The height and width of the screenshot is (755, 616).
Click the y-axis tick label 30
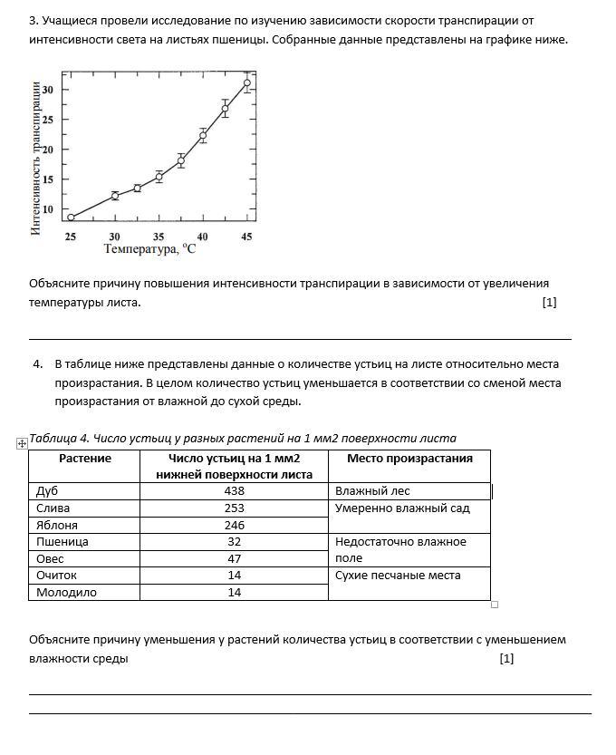click(47, 90)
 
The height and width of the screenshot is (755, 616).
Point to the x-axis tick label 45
click(246, 236)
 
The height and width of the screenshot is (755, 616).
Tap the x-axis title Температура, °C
click(149, 248)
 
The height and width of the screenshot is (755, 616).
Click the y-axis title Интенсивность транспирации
click(36, 159)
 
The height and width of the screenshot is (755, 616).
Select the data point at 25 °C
click(71, 217)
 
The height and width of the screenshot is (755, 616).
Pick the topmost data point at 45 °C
click(246, 82)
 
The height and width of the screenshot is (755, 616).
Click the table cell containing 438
click(234, 491)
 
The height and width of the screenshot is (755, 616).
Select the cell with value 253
click(234, 508)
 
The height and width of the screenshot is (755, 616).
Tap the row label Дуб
click(47, 491)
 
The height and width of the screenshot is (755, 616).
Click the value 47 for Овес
click(234, 559)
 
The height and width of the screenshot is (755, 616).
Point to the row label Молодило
click(66, 593)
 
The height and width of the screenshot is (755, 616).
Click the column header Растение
click(84, 459)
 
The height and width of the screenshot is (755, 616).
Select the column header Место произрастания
click(409, 459)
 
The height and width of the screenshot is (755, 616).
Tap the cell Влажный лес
click(372, 491)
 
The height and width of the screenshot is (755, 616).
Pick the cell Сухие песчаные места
click(398, 576)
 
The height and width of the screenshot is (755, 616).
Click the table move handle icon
click(22, 443)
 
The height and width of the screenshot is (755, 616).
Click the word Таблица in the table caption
click(53, 439)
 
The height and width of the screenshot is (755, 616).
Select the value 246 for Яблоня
click(234, 526)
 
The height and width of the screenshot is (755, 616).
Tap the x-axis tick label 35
click(159, 236)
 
